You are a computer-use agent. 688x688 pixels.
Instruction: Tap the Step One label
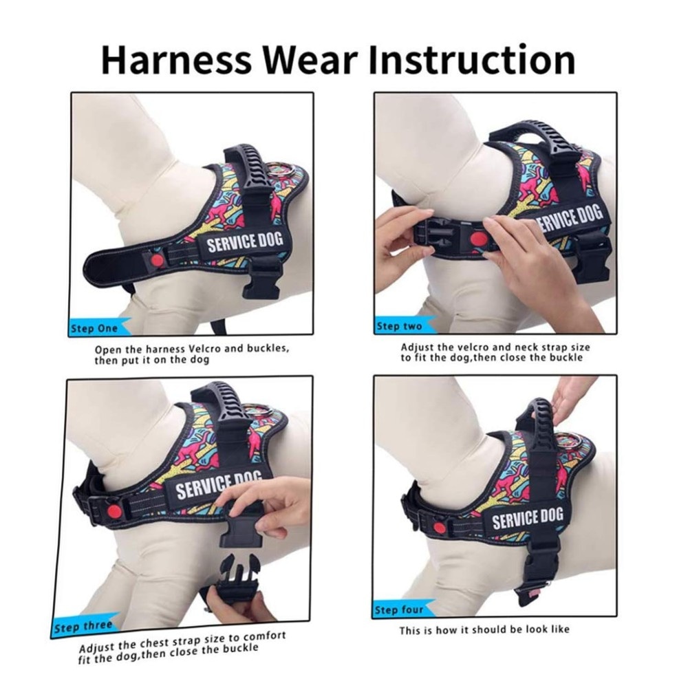94,328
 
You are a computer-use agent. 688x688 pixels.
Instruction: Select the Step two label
399,326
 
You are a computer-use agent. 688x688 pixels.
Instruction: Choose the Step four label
399,610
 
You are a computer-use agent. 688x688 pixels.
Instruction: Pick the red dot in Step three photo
114,510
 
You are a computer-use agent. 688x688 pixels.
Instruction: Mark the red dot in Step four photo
439,528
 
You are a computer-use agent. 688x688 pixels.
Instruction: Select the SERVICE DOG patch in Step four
526,518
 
